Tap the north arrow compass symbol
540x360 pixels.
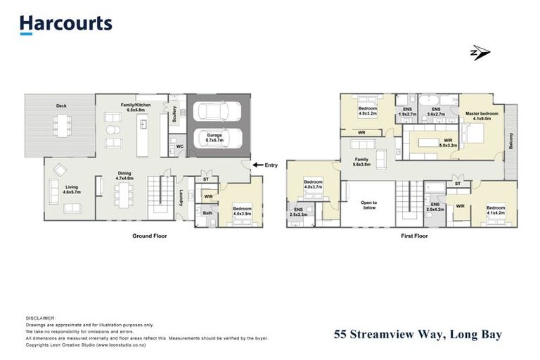tap(480, 53)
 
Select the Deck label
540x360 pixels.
tap(62, 106)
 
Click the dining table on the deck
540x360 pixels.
tap(62, 125)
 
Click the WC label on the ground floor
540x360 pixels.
tap(180, 146)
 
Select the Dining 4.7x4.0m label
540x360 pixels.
tap(124, 176)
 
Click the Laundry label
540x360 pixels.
tap(181, 198)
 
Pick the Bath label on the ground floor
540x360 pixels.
tap(207, 212)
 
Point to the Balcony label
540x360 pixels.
tap(511, 141)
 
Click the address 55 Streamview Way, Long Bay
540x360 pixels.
tap(418, 335)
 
